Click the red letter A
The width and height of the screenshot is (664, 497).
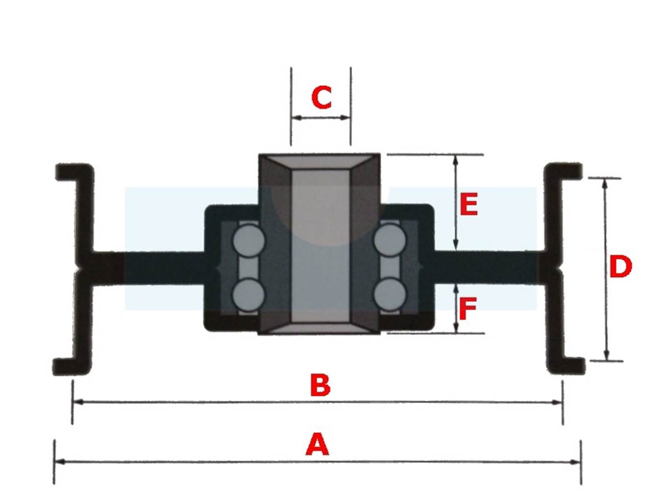317,444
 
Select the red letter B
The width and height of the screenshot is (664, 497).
320,385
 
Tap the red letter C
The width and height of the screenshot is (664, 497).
321,97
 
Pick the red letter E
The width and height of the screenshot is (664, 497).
469,204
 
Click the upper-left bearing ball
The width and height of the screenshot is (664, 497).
248,240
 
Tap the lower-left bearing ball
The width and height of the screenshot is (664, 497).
248,293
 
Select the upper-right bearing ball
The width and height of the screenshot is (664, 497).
389,240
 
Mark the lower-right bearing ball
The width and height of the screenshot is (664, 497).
390,293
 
